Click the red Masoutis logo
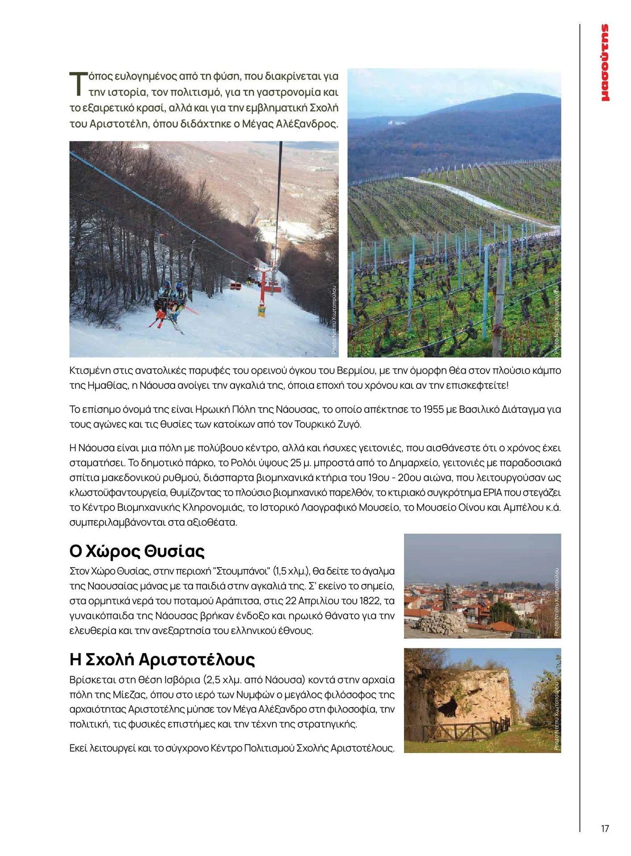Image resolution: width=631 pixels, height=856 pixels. tap(605, 63)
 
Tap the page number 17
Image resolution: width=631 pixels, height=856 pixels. tap(605, 829)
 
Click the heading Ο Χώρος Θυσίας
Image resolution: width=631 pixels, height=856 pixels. tap(137, 551)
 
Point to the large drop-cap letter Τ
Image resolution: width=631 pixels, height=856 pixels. tap(78, 84)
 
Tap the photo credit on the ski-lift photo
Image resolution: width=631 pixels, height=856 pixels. tap(334, 320)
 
